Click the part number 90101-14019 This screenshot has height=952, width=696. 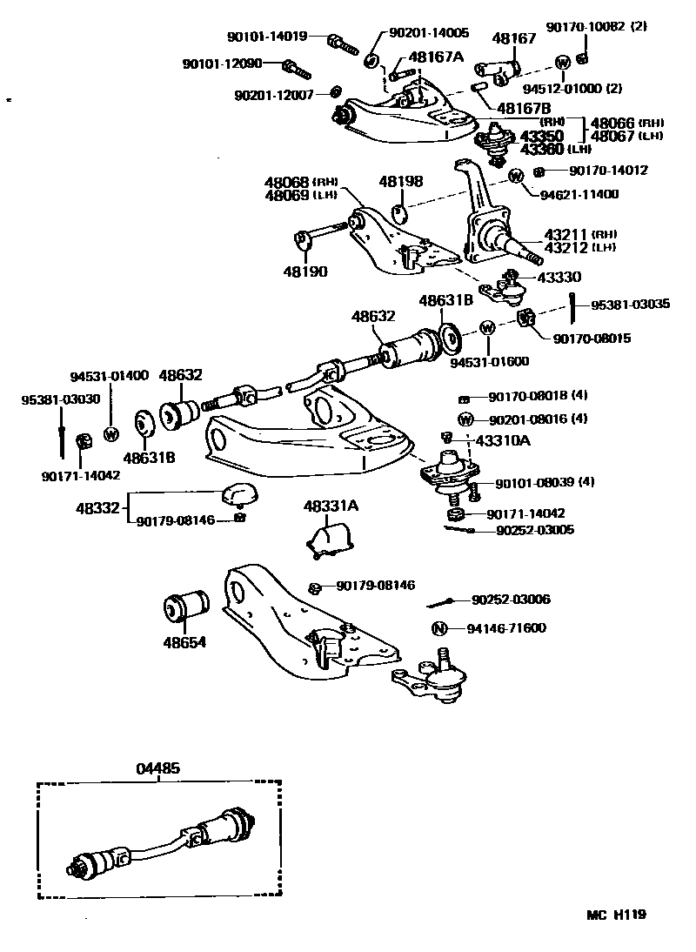pos(267,37)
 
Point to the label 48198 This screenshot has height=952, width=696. pos(400,182)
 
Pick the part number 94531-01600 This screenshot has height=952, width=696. pos(489,361)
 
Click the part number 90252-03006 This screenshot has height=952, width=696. pos(511,600)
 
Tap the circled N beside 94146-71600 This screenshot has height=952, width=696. pos(439,628)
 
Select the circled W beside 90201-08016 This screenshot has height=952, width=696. pos(465,419)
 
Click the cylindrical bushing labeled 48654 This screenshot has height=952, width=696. pos(187,607)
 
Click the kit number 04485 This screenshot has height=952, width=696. pos(158,769)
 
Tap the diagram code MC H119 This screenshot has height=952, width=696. pos(615,915)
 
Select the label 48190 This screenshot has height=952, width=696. pos(304,271)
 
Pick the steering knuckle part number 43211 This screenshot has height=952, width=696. pos(566,235)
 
